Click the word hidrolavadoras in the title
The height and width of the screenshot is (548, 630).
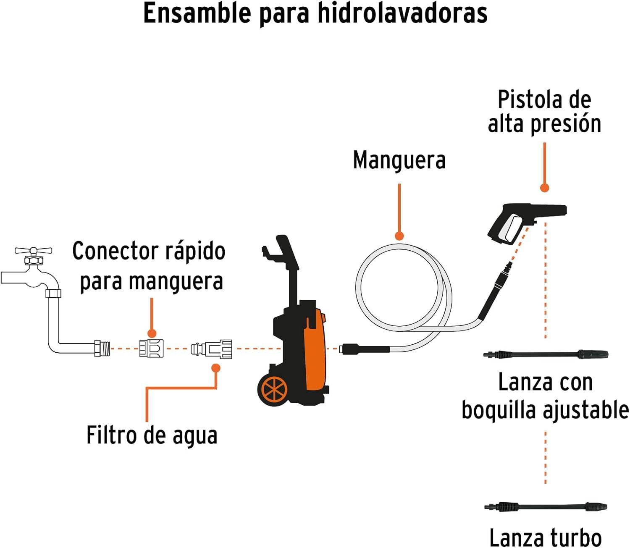(x=402, y=13)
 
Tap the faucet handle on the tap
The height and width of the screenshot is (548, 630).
(x=33, y=251)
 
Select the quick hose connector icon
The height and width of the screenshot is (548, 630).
(x=151, y=348)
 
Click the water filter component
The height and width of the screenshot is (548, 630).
(x=212, y=349)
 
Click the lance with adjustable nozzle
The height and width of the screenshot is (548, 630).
(x=546, y=354)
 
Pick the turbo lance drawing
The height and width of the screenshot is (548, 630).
(x=546, y=506)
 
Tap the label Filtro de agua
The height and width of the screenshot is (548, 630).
(x=152, y=435)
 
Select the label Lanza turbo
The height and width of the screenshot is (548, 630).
(x=545, y=537)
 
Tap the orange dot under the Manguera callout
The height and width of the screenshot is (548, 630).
(x=399, y=236)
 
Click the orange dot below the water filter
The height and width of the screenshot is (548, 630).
(x=216, y=368)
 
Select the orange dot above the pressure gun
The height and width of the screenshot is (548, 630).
(x=544, y=188)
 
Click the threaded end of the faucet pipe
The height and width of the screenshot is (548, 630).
(x=102, y=349)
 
